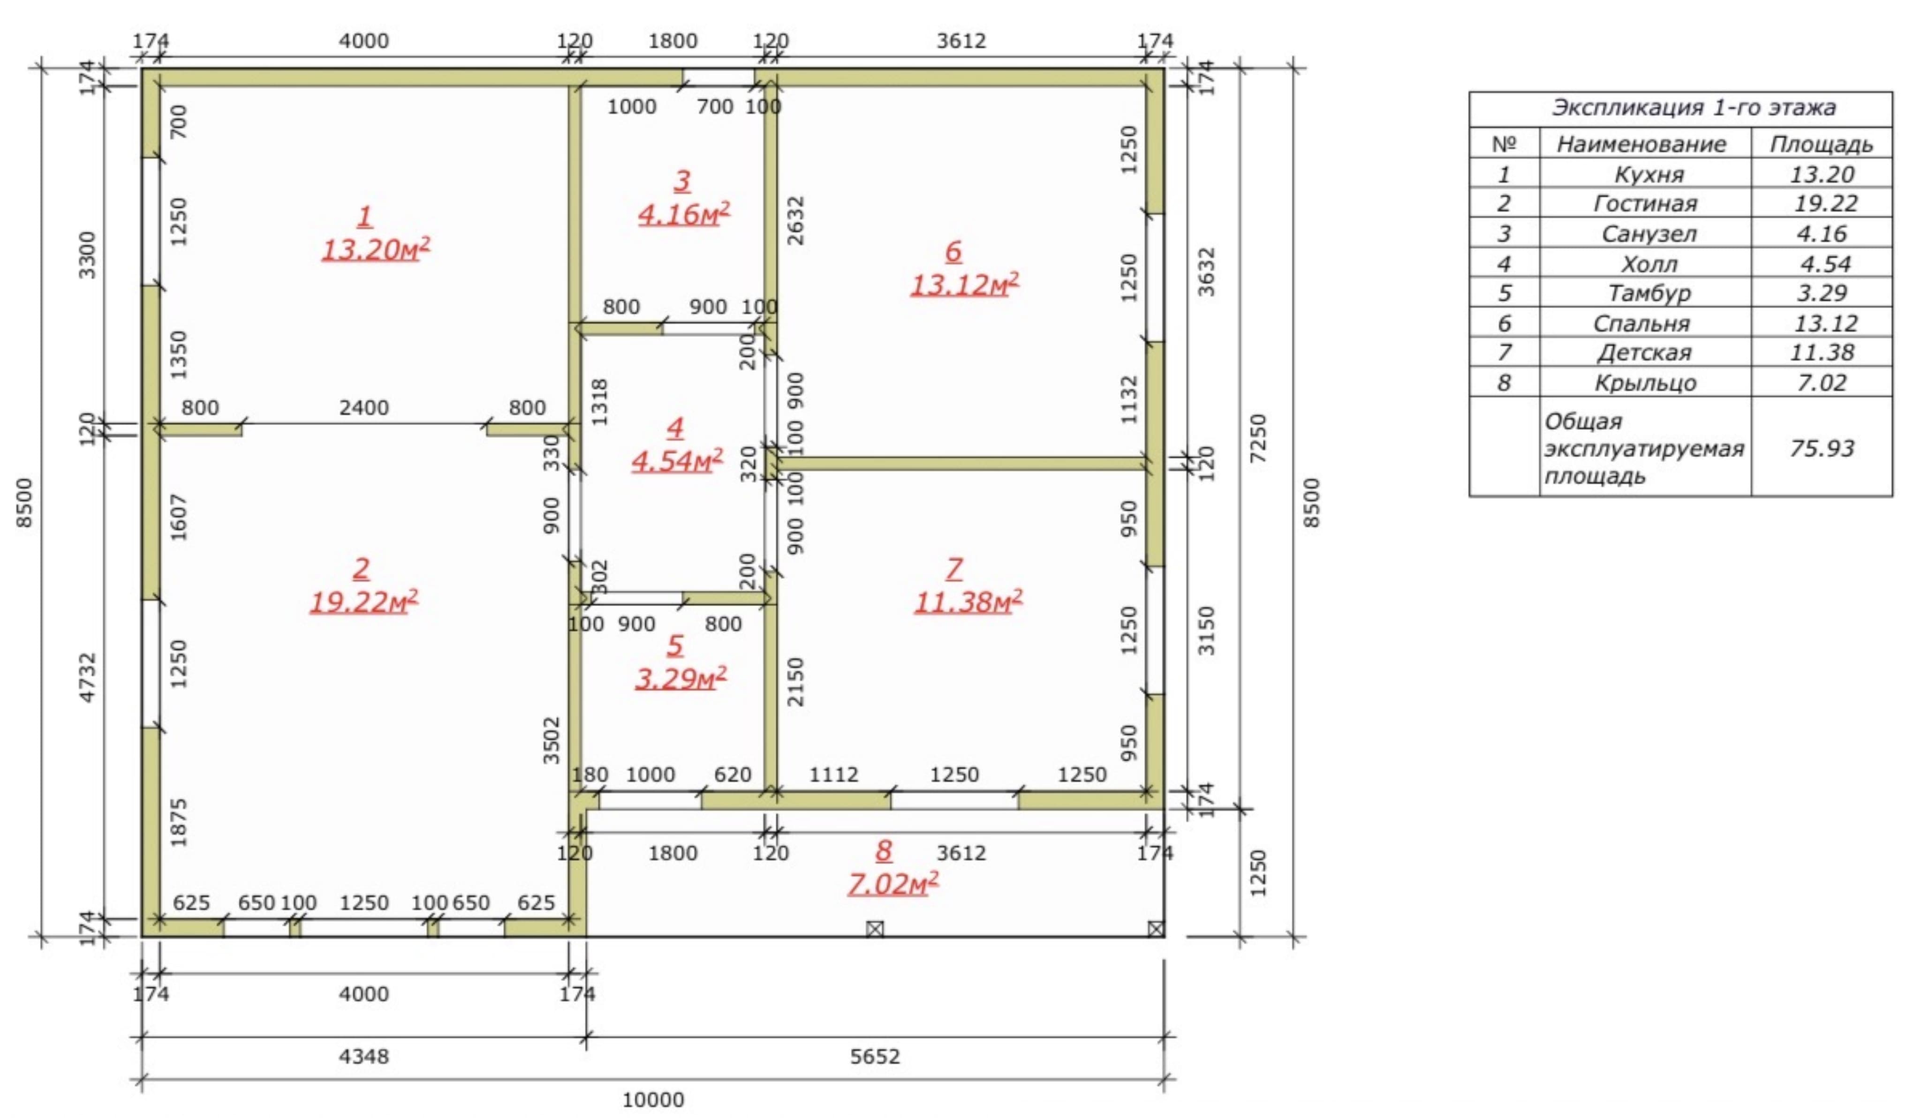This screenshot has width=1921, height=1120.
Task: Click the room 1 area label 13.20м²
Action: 376,249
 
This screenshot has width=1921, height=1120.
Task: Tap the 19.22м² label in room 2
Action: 363,601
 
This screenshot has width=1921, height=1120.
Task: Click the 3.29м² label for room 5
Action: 681,677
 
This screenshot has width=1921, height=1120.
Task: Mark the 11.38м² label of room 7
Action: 968,601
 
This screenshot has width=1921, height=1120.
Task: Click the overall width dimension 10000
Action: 653,1099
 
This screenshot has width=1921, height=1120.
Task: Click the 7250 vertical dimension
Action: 1259,438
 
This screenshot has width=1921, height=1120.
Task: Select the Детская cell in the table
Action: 1644,353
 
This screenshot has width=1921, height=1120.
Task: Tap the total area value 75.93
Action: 1822,448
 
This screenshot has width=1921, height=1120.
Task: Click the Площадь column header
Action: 1821,144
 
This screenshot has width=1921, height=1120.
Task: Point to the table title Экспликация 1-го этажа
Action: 1694,107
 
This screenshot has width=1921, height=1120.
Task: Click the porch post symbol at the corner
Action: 1156,929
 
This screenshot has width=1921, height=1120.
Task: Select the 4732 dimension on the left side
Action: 88,677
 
